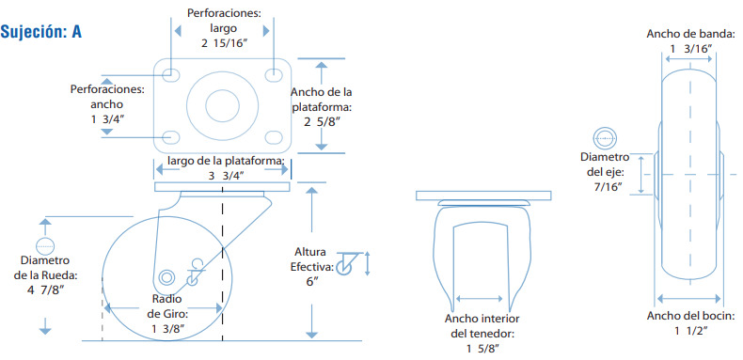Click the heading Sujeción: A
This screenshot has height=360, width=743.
coord(41,31)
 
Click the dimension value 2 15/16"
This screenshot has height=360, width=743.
coord(224,43)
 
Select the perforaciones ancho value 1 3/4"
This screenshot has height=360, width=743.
coord(107,119)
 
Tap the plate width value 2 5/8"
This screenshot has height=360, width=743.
coord(323,122)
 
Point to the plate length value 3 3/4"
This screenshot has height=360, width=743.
coord(227,176)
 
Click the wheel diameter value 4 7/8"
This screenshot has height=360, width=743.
coord(45,290)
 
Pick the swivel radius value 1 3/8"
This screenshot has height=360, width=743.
coord(167,328)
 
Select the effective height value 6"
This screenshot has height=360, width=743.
coord(312,281)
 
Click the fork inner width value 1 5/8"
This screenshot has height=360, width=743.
coord(482,349)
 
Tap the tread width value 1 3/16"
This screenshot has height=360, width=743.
coord(690,48)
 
